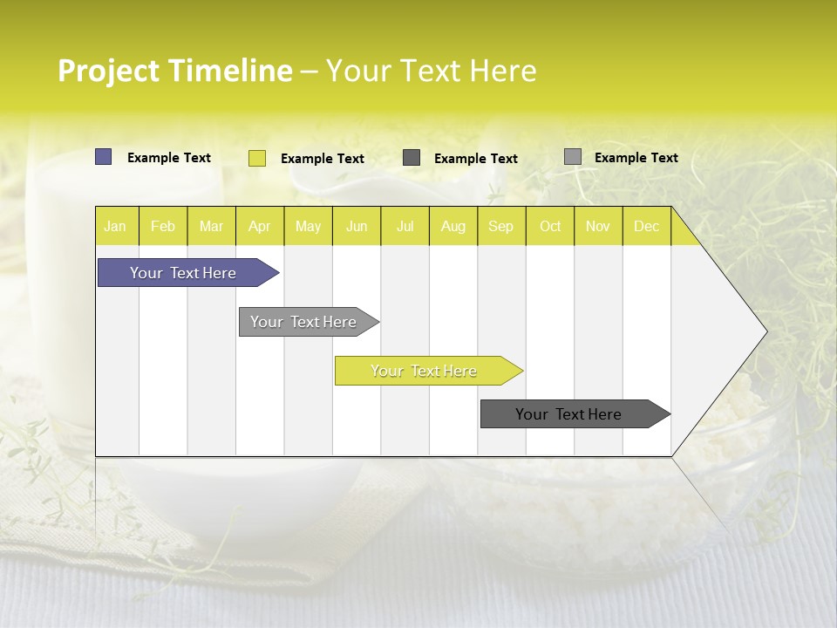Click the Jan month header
pos(116,226)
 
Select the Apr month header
pos(259,226)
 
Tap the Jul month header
pos(405,226)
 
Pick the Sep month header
pos(501,226)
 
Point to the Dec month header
pos(646,226)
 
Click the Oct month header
pos(549,226)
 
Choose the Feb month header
pos(163,226)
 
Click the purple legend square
pos(103,157)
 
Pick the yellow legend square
pos(256,158)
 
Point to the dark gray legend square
pos(412,158)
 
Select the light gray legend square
pos(572,157)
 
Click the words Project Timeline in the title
pos(174,71)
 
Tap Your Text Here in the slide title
pos(431,71)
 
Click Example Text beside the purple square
pos(169,158)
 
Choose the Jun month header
pos(357,226)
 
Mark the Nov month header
pos(598,226)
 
